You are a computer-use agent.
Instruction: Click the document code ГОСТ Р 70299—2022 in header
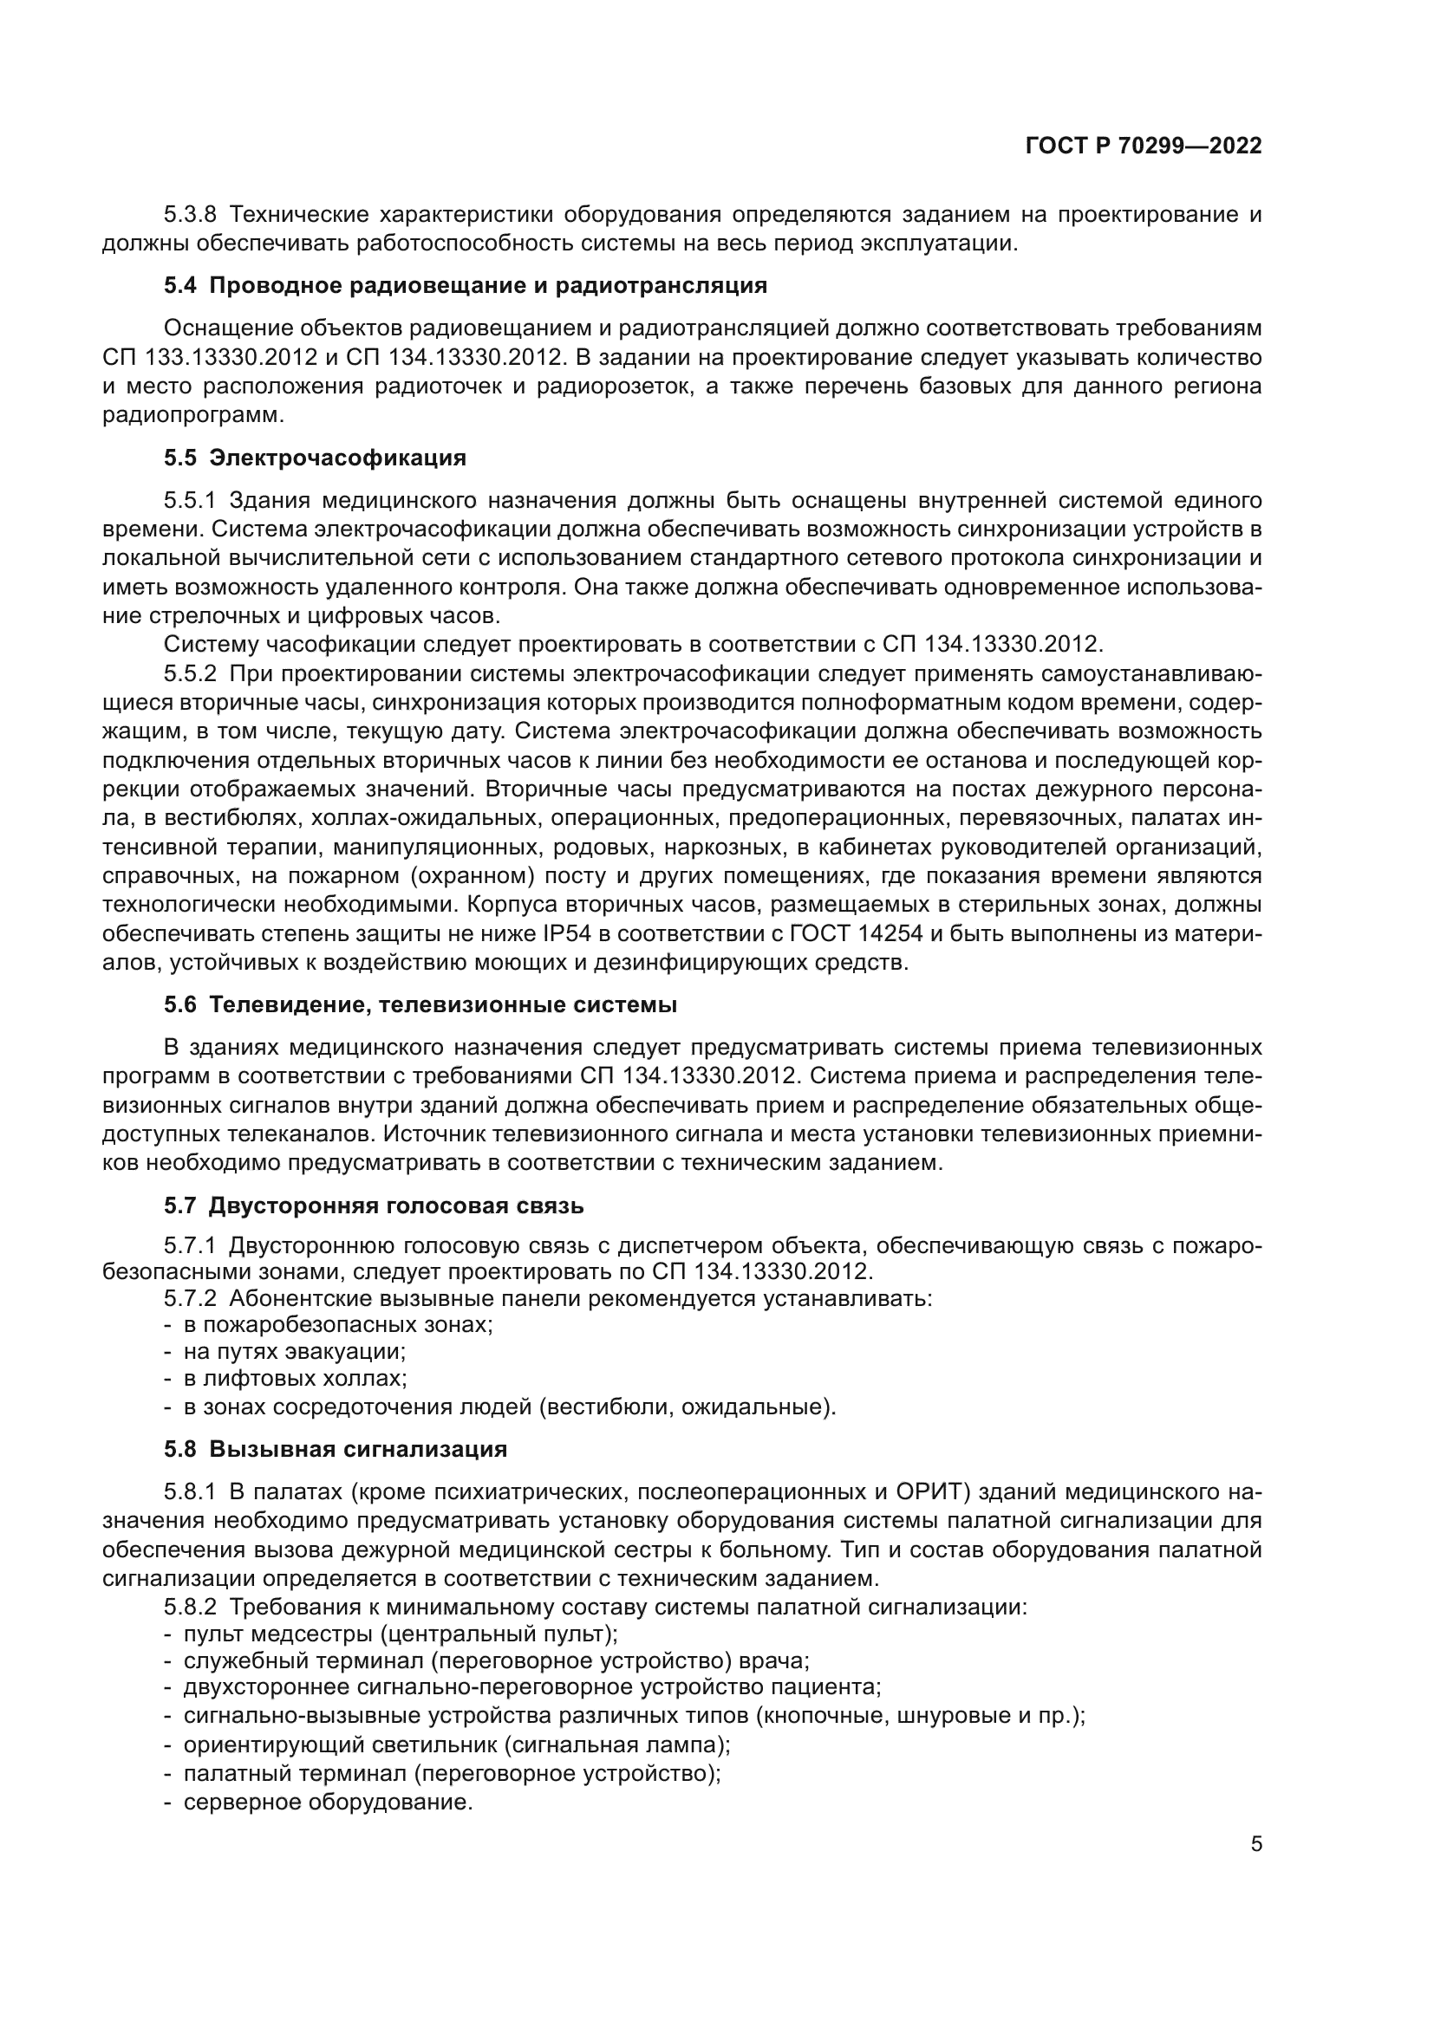1144,146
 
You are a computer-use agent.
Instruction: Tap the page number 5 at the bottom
1255,1844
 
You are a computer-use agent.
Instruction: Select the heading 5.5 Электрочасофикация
315,458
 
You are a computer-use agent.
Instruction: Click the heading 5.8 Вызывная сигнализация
336,1449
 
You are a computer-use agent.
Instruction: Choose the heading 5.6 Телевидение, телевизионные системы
420,1004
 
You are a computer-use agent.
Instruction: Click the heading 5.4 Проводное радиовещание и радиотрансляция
466,286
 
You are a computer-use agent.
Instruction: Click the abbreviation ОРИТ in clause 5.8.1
934,1492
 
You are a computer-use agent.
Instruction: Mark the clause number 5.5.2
190,673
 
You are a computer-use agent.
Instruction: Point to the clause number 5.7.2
190,1299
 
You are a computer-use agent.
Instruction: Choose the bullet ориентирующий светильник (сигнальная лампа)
457,1745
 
